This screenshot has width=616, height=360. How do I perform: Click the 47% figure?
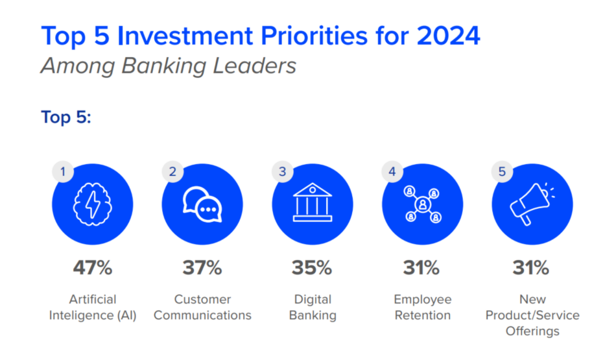coord(93,267)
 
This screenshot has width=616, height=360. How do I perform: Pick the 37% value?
coord(202,267)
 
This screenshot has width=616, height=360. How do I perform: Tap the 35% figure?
coord(313,267)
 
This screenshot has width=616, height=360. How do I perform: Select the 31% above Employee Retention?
coord(422,267)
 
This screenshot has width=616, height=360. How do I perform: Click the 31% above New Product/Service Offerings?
coord(532,267)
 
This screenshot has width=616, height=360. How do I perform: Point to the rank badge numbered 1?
coord(63,172)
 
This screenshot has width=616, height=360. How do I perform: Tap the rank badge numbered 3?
coord(283,172)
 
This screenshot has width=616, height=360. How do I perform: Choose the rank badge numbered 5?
coord(503,172)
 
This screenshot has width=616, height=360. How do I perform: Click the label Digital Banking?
coord(313,307)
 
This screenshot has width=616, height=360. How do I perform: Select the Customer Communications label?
coord(202,307)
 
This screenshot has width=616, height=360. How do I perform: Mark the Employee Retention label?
coord(422,307)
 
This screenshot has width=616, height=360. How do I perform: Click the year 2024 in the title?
coord(449,36)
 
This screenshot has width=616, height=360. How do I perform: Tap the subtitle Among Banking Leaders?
coord(169,66)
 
